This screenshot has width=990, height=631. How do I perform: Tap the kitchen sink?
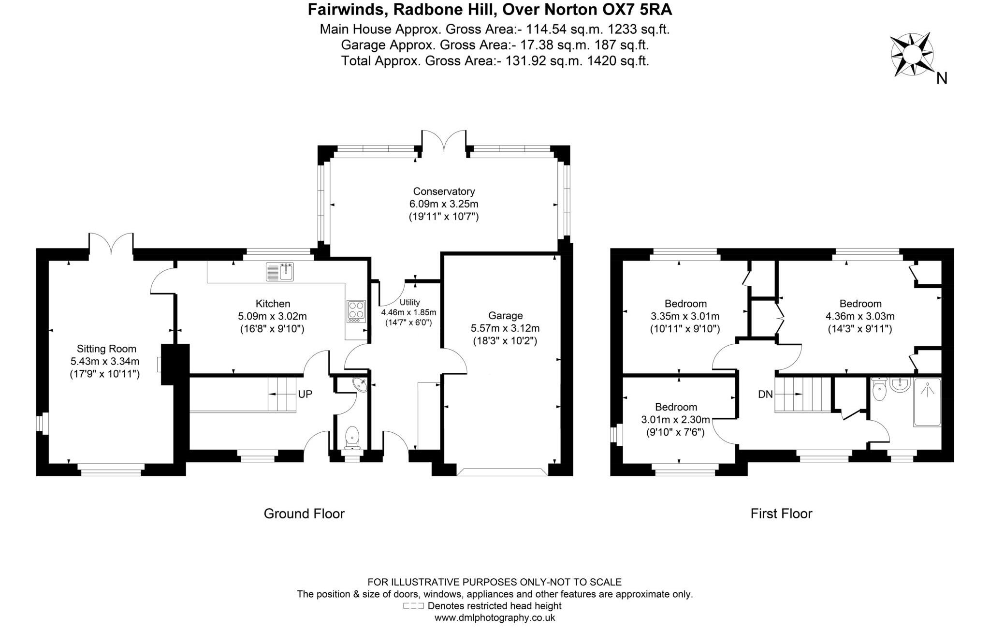click(x=280, y=272)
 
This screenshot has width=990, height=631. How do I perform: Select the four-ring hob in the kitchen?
click(x=356, y=311)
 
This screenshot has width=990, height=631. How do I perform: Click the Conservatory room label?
click(x=444, y=191)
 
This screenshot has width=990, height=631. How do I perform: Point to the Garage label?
click(x=505, y=316)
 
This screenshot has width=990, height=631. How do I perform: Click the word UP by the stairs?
click(x=305, y=394)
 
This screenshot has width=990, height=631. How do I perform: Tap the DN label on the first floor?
click(x=765, y=394)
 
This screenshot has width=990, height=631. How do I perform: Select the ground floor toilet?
click(x=352, y=436)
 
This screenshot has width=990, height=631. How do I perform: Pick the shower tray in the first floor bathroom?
click(x=927, y=402)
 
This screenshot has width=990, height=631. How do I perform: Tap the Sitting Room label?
click(x=106, y=349)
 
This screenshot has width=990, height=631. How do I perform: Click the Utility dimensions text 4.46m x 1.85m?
click(x=408, y=312)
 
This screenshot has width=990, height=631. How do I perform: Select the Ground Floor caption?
click(x=304, y=514)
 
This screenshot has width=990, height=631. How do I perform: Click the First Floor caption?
click(x=781, y=514)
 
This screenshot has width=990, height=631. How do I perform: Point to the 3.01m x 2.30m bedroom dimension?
click(x=675, y=420)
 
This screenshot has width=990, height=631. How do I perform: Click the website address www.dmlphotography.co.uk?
click(x=495, y=617)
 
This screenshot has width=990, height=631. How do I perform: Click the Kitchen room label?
click(x=273, y=304)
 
